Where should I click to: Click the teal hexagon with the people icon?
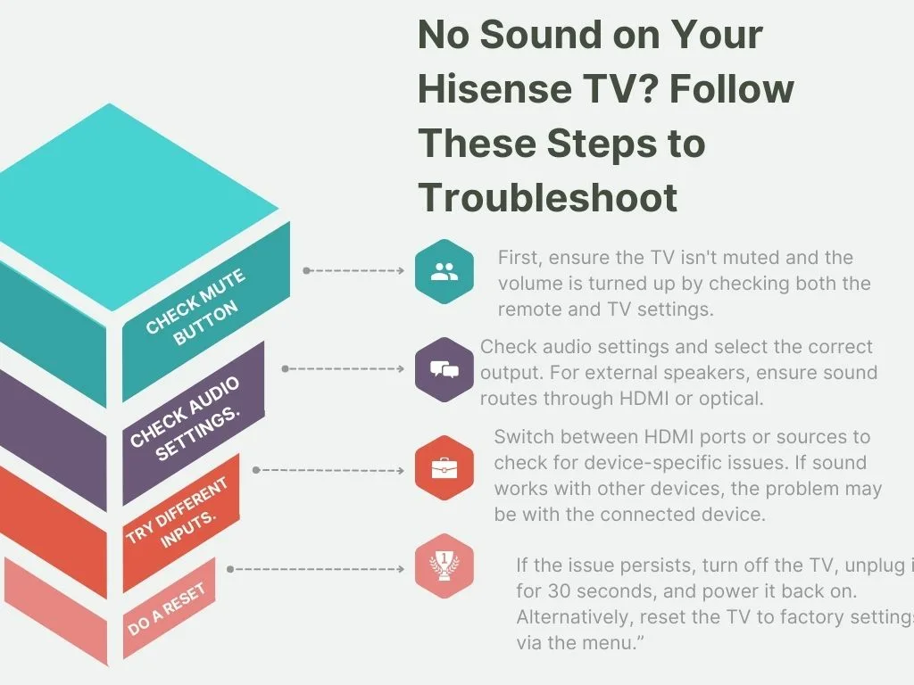pos(444,271)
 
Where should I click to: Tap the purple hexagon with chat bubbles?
pos(444,369)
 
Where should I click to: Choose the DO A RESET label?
pos(167,609)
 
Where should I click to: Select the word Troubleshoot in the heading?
pos(548,196)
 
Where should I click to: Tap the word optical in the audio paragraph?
pos(731,399)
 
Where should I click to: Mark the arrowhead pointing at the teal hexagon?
pos(401,270)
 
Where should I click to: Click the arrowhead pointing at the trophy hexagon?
pos(401,568)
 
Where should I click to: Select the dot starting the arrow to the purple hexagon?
pos(285,368)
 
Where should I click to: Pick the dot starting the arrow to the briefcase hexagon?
pos(257,469)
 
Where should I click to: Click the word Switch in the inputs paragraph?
pos(524,437)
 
